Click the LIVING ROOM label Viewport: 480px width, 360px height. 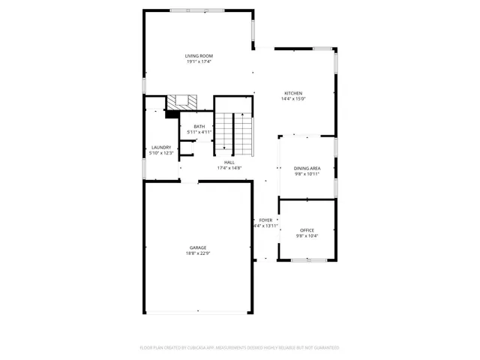[199, 56]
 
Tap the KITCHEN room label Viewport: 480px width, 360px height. [292, 93]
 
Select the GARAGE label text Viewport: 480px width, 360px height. [198, 247]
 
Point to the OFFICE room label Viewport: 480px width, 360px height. [307, 230]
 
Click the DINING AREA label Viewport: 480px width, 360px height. [307, 168]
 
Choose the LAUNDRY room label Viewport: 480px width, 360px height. [160, 147]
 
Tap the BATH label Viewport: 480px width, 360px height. [199, 126]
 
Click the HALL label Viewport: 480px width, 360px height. [229, 162]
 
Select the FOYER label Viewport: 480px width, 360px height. [265, 220]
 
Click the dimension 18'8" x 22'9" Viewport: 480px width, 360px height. [198, 253]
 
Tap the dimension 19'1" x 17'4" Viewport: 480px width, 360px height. [199, 61]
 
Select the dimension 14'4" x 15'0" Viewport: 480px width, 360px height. [292, 99]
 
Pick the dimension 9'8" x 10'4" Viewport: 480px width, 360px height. [307, 236]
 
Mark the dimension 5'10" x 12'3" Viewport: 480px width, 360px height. [160, 153]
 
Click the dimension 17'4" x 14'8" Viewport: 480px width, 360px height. [229, 168]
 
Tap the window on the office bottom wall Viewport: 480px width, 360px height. [307, 260]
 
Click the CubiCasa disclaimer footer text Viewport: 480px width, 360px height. [239, 347]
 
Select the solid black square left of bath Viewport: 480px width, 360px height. [171, 114]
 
